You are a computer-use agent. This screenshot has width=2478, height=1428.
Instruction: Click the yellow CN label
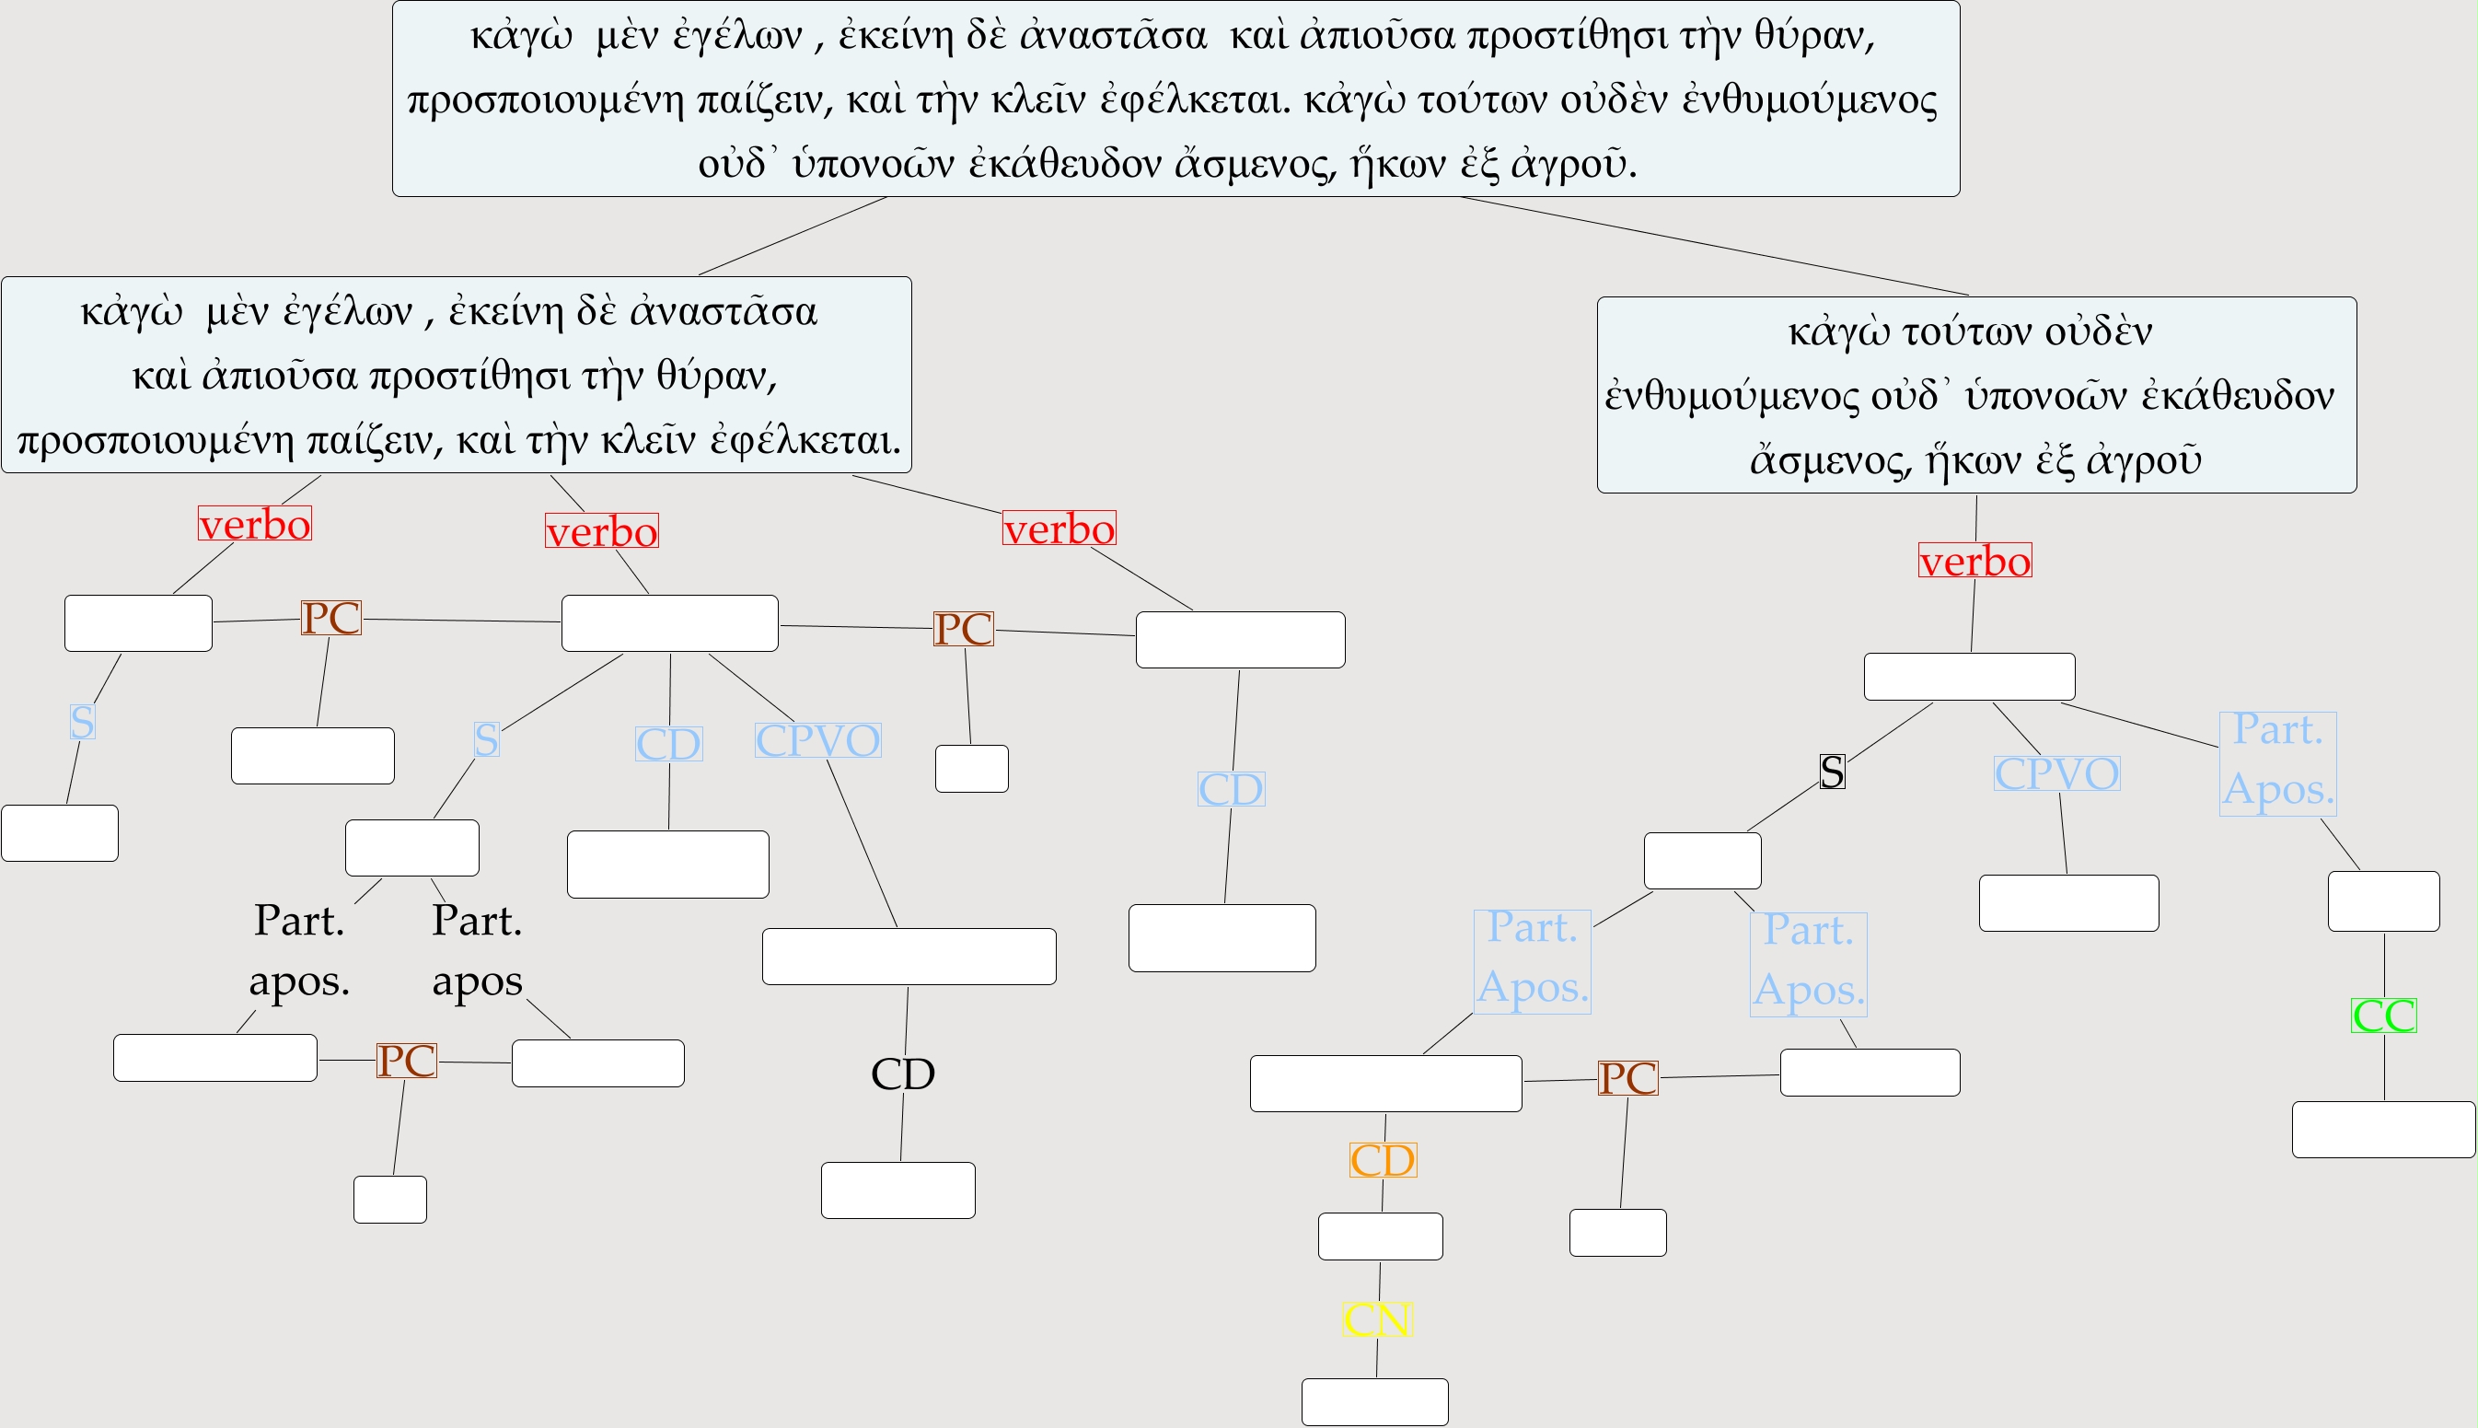point(1376,1319)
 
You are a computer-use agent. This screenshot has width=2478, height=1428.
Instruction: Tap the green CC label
point(2384,1016)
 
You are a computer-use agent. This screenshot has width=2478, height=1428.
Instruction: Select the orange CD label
point(1383,1160)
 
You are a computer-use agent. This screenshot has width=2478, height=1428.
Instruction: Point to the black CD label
point(902,1074)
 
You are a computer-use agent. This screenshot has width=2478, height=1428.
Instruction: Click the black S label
point(1832,772)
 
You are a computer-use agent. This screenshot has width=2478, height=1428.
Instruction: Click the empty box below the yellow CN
point(1375,1401)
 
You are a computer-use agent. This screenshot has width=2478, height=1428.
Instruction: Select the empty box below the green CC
point(2383,1129)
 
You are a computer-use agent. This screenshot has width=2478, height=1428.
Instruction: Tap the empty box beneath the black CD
point(897,1190)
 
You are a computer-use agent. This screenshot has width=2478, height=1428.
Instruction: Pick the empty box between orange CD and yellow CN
point(1380,1236)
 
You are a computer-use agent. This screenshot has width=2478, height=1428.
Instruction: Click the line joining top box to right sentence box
point(1716,246)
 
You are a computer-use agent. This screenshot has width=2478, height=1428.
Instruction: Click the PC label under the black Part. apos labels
point(406,1061)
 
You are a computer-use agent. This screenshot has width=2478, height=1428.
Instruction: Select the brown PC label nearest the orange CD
point(1627,1078)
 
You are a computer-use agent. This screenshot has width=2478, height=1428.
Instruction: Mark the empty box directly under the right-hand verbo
point(1969,677)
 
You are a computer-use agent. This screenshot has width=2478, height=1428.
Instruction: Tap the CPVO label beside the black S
point(2056,772)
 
